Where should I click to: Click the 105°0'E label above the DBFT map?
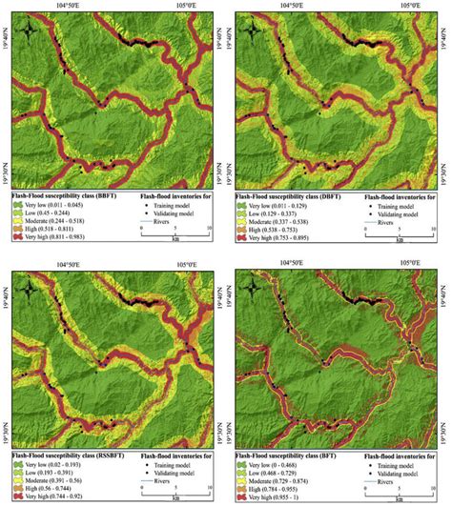tap(409, 6)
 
